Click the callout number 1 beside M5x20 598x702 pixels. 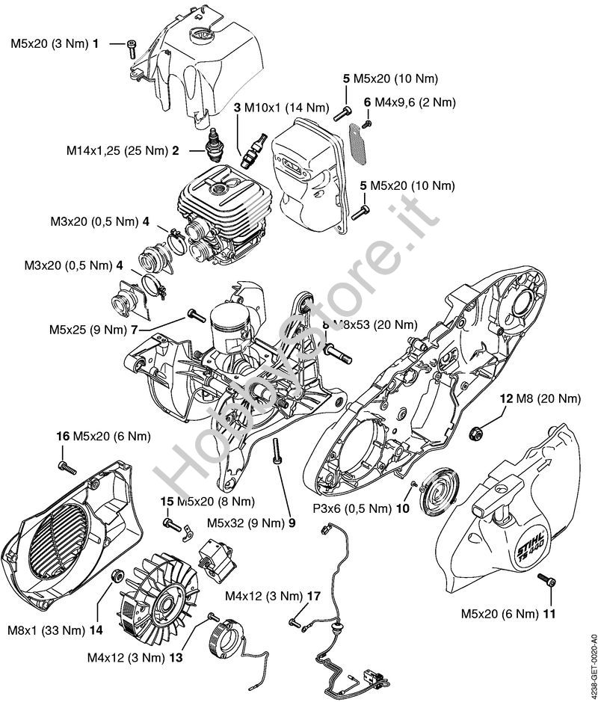pyautogui.click(x=95, y=45)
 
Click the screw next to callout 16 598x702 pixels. pyautogui.click(x=67, y=467)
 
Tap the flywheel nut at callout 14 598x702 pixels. pyautogui.click(x=117, y=575)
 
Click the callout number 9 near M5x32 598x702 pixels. pyautogui.click(x=292, y=523)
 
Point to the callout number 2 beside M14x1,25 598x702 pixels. pyautogui.click(x=174, y=150)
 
